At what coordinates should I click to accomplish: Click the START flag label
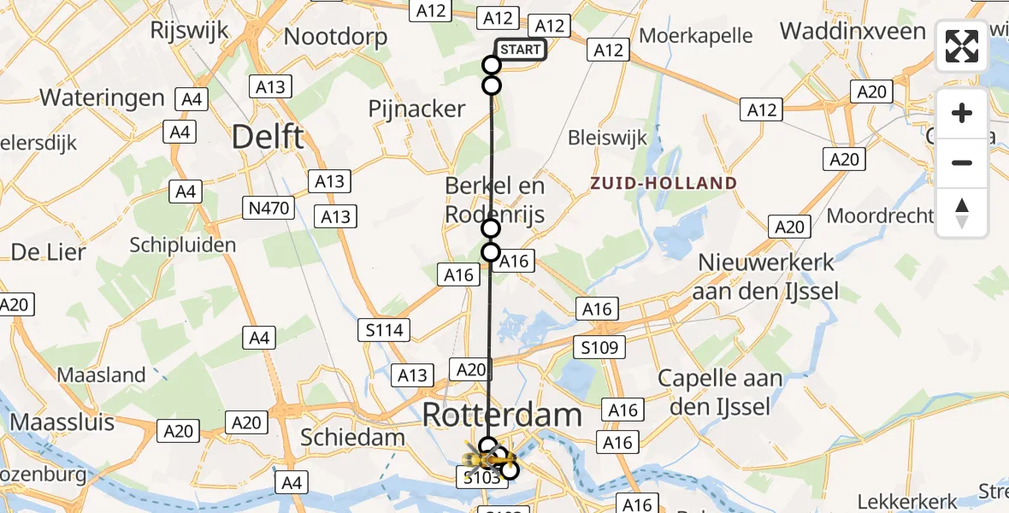point(520,50)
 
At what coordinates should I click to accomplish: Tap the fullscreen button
point(962,46)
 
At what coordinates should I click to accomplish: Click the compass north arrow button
point(962,213)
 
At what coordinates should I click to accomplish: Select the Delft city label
point(268,136)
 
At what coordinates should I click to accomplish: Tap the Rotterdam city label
point(502,416)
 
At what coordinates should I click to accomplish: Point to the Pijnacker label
point(416,109)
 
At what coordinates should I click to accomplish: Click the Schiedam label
point(352,437)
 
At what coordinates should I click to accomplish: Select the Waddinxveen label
point(853,32)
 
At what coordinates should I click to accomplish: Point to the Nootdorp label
point(335,37)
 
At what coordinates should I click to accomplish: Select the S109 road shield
point(599,346)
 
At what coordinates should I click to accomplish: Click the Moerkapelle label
point(696,36)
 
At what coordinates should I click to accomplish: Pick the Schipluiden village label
point(182,245)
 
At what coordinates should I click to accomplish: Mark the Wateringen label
point(102,97)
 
